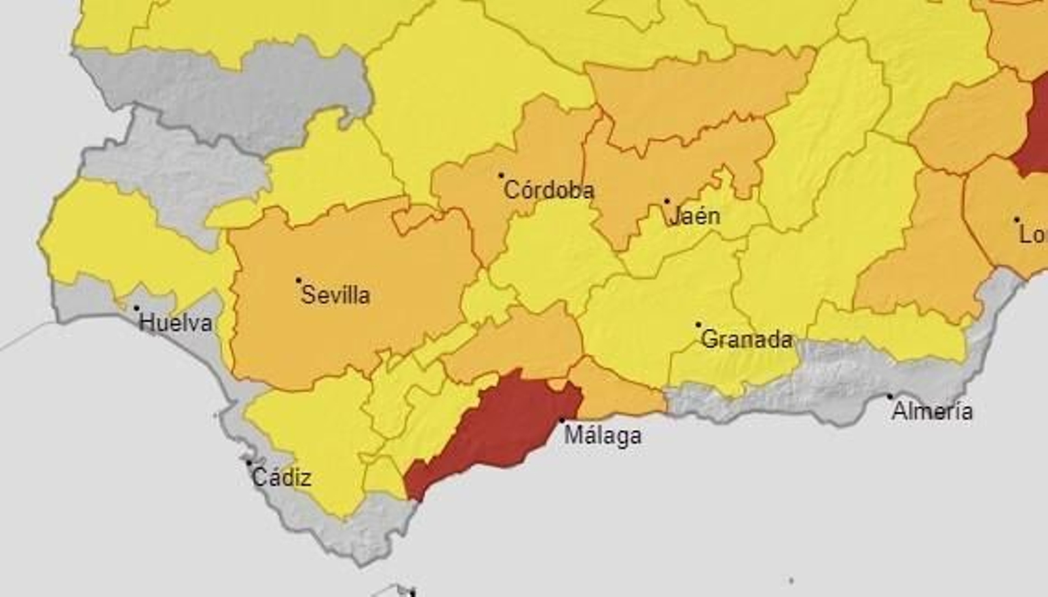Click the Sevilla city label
coord(335,296)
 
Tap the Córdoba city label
coord(549,191)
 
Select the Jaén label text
coord(695,216)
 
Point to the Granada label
coord(746,339)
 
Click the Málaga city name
coord(603,435)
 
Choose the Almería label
coord(932,412)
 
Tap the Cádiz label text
coord(282,478)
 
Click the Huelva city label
coord(176,323)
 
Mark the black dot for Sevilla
coord(299,280)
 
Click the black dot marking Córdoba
coord(501,176)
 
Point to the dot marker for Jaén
coord(667,201)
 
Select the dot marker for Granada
coord(698,324)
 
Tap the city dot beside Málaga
coord(561,421)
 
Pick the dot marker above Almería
coord(889,396)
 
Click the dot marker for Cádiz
coord(249,463)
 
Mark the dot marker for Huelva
coord(136,308)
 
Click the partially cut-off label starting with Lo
coord(1033,235)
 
